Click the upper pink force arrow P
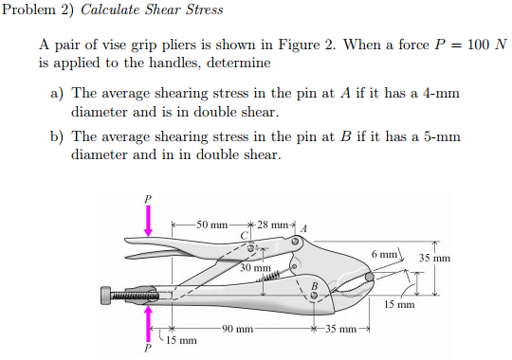tap(147, 221)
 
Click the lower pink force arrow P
tap(147, 322)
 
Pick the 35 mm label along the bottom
tap(338, 329)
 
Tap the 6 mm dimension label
tap(386, 254)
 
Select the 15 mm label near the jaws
tap(399, 305)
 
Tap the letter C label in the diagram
tap(244, 235)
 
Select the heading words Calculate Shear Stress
tap(153, 10)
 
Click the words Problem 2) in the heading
tap(38, 10)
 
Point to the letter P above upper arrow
tap(147, 199)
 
